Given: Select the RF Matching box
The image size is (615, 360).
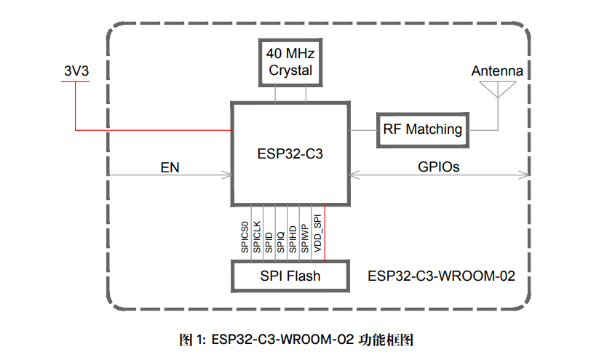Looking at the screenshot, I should (423, 129).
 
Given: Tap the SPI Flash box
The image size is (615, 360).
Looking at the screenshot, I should (290, 276).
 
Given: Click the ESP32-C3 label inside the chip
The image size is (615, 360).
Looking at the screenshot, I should (290, 154).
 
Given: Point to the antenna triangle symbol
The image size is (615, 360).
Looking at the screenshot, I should (497, 88).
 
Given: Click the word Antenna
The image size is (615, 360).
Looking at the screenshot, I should (497, 71).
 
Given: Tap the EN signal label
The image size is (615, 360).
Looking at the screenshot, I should (170, 167).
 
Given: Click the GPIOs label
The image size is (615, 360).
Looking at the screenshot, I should (439, 167).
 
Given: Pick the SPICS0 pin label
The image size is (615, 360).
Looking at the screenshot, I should (245, 236).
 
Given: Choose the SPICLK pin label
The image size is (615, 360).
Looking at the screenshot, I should (257, 236).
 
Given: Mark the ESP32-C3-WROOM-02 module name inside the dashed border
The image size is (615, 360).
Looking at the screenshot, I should (442, 276).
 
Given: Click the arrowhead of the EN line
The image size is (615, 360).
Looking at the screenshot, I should (228, 175).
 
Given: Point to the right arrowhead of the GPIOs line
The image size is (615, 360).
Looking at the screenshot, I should (526, 175).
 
